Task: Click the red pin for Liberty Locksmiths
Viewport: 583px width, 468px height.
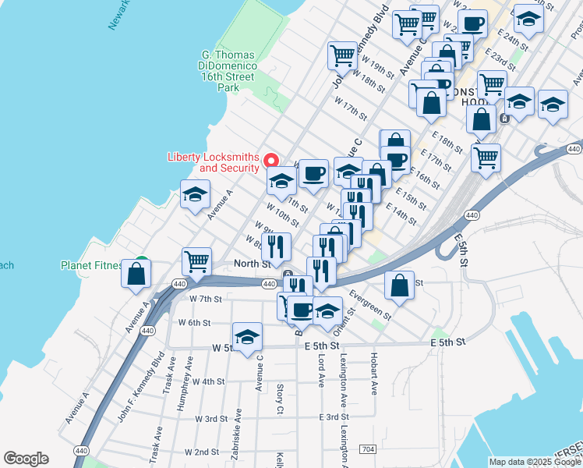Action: tap(272, 161)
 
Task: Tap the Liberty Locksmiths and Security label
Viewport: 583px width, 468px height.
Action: tap(214, 162)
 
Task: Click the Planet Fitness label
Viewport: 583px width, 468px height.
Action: tap(92, 265)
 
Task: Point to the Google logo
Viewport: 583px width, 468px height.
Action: tap(26, 459)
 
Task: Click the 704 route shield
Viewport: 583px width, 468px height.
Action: tap(368, 450)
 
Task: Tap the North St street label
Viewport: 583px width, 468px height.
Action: tap(252, 264)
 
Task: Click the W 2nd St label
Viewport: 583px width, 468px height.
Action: tap(195, 452)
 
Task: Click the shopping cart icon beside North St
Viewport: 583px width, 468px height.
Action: tap(196, 261)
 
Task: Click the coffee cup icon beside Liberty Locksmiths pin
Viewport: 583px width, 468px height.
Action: tap(313, 172)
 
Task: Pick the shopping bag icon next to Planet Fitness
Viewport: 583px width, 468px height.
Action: tap(136, 274)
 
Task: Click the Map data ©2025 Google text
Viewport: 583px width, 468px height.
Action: tap(535, 462)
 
